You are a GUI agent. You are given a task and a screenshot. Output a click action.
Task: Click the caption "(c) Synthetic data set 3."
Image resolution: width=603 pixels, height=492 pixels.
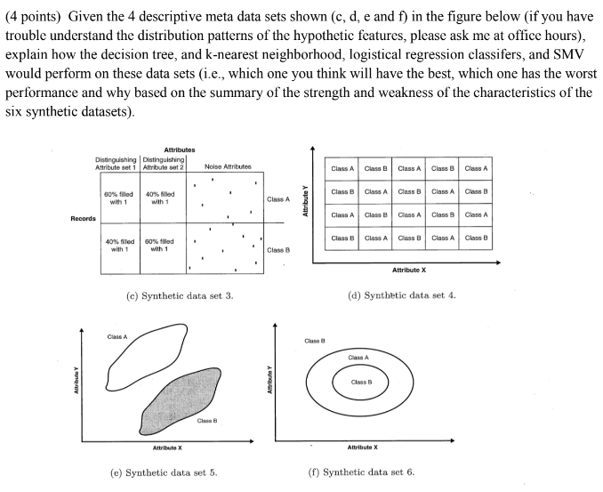tap(181, 294)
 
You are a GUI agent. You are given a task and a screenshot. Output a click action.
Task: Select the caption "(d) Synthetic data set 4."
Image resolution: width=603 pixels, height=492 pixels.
tap(402, 294)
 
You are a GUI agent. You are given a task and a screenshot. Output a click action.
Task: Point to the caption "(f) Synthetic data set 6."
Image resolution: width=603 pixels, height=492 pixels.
tap(361, 472)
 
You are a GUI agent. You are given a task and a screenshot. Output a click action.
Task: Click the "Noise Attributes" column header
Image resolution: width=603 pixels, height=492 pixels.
tap(228, 166)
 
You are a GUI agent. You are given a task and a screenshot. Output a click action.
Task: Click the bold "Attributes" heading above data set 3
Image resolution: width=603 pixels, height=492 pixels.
tap(180, 149)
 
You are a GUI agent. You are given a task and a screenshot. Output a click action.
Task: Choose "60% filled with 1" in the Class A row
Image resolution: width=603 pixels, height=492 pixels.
tap(118, 198)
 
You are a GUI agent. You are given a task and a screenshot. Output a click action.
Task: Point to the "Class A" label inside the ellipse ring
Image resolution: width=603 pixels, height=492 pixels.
tap(360, 358)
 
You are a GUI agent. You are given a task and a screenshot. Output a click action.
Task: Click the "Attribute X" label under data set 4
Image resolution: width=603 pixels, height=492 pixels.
tap(409, 270)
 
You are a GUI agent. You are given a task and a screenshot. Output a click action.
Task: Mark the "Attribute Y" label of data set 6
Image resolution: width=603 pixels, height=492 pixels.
tap(269, 383)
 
